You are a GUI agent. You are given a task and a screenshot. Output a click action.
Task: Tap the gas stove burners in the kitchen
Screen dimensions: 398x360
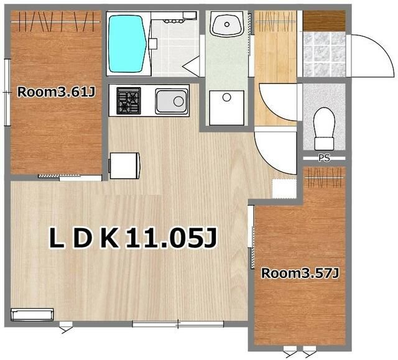[x=129, y=101]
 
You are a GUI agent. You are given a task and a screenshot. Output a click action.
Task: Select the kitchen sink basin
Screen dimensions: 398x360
[x=172, y=101]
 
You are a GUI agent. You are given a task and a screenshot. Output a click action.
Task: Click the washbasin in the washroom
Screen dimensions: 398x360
[x=226, y=24]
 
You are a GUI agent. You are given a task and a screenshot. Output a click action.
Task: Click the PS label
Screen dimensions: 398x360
[x=324, y=158]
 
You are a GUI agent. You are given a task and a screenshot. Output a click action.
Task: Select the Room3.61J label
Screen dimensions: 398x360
[x=56, y=92]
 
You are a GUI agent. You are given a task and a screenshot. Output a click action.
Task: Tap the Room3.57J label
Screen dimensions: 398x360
[x=300, y=273]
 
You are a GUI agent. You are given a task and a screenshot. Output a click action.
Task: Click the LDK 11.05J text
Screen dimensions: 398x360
[x=133, y=238]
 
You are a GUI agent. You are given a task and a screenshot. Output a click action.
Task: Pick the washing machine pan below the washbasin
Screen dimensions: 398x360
[x=226, y=108]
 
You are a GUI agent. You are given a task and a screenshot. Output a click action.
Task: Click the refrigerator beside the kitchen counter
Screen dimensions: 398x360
[x=124, y=165]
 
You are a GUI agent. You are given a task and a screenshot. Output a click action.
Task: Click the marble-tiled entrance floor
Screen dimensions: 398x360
[x=325, y=54]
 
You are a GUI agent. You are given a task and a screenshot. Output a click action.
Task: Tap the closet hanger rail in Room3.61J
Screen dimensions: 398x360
[x=56, y=22]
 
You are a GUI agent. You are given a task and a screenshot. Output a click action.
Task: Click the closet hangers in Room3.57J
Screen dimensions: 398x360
[x=324, y=178]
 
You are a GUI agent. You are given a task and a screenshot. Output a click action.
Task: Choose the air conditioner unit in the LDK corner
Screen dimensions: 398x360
[x=32, y=315]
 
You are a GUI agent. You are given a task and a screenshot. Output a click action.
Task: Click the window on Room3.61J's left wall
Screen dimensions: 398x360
[x=7, y=93]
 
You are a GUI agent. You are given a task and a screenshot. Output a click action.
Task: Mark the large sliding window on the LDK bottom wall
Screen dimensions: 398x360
[x=178, y=324]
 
